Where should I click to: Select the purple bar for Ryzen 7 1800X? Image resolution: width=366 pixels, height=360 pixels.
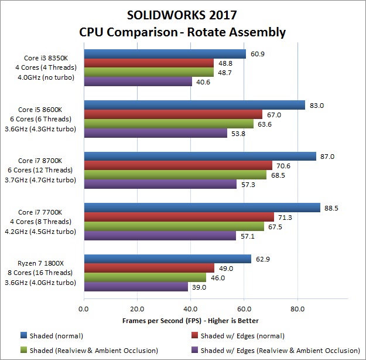coord(136,287)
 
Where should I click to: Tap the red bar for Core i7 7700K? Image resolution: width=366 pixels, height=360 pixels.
coord(180,217)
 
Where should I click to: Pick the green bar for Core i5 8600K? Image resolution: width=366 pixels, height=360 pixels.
coord(169,124)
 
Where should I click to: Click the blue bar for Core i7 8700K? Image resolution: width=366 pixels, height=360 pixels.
coord(200,157)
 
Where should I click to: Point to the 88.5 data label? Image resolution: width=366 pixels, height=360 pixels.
coord(332,207)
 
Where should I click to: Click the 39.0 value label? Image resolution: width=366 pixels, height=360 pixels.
coord(199,287)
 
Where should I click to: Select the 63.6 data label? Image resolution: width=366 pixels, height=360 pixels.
coord(266,124)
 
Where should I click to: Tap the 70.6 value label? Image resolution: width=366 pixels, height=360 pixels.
coord(284,165)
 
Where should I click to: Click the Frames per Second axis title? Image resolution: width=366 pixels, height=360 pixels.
coord(190,321)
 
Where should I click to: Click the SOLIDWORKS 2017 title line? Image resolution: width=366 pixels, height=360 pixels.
coord(184,14)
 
